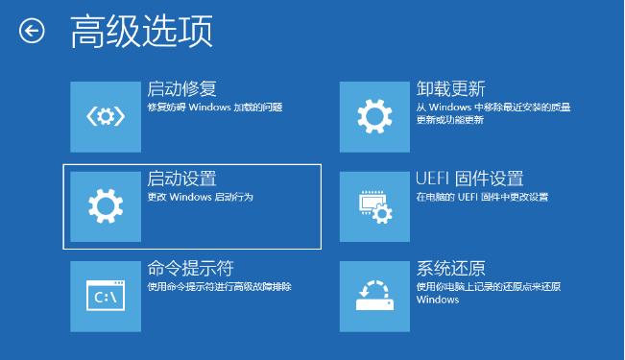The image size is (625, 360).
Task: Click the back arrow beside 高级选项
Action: coord(32,31)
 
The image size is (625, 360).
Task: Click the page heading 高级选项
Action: coord(141,31)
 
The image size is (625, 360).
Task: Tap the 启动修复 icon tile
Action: coord(106,117)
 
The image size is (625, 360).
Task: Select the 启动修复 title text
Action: coord(181,89)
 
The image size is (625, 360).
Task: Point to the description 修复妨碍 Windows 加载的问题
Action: coord(214,108)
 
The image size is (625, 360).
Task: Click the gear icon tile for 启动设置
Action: coord(106,205)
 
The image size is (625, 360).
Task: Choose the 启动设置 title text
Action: coord(181,179)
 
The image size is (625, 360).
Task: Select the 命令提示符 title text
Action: coord(190,268)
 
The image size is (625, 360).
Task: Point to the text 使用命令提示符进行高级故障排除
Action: coord(219,286)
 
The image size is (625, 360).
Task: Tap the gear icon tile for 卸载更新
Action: coord(374,117)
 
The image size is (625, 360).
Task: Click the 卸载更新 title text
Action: coord(451,89)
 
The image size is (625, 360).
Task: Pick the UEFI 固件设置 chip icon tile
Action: coord(374,205)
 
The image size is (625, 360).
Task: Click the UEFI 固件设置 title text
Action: coord(469,179)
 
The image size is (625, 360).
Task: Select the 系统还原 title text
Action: coord(451,268)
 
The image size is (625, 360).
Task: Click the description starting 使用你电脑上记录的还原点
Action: coord(488,292)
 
